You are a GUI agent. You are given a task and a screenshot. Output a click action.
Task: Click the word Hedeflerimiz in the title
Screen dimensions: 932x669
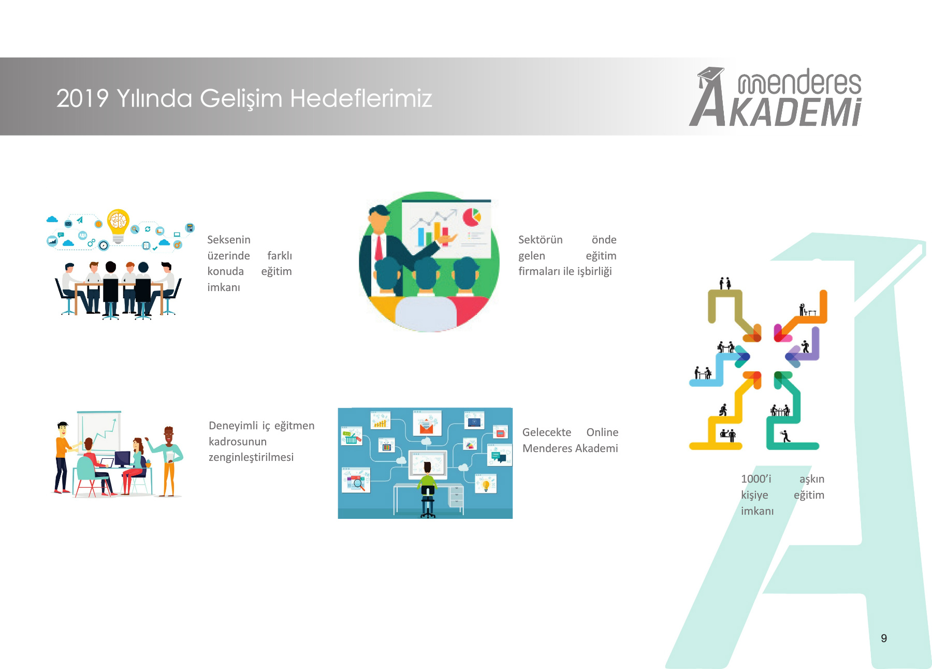(x=361, y=98)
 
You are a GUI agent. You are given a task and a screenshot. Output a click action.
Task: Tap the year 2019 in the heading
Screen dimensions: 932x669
(x=82, y=98)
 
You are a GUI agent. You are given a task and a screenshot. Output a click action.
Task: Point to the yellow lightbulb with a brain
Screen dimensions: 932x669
(x=118, y=226)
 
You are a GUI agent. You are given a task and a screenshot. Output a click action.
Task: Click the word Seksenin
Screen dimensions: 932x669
(x=229, y=240)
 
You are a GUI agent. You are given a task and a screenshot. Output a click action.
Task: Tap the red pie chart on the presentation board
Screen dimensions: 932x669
(x=472, y=216)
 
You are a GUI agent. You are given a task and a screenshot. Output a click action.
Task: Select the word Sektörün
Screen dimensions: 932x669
(x=541, y=240)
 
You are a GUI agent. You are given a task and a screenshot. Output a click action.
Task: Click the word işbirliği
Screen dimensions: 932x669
(x=594, y=272)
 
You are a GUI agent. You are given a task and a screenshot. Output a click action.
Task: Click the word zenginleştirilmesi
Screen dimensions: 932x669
(x=251, y=458)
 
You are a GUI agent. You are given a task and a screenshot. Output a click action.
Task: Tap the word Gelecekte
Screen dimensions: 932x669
(x=547, y=432)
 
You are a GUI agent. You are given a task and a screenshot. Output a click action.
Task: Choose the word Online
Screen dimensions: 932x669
(x=602, y=432)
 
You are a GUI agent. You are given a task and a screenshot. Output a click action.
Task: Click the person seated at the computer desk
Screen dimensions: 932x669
(x=428, y=489)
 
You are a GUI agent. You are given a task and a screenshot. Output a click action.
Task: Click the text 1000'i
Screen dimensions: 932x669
(x=756, y=479)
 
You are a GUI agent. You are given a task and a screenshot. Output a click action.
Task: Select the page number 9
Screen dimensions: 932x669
(x=884, y=638)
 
